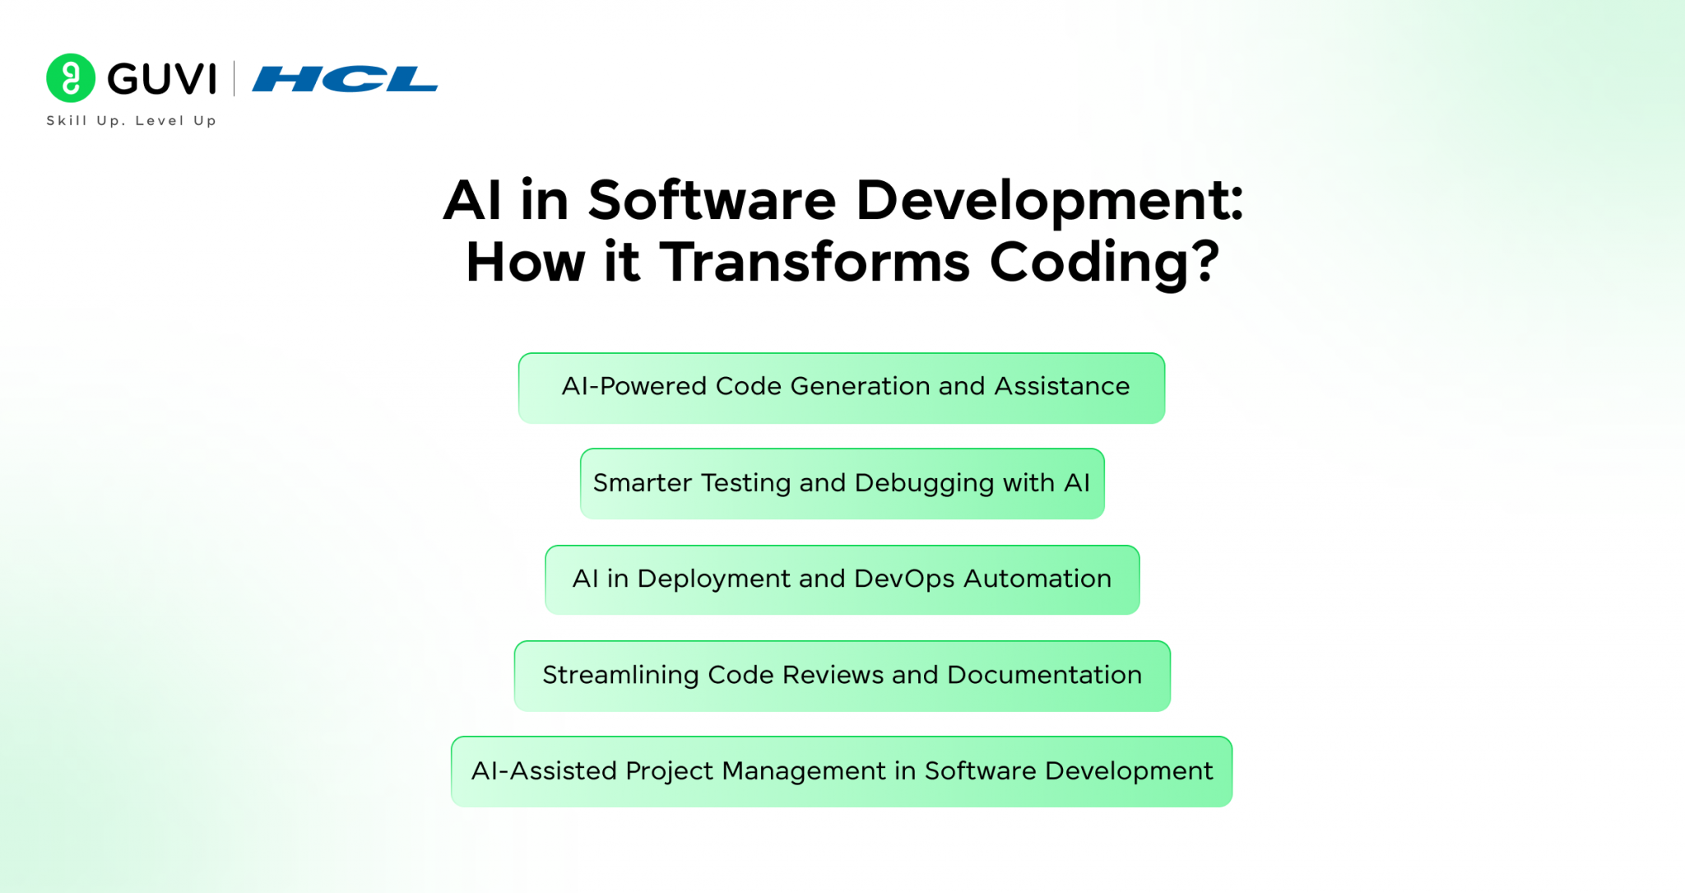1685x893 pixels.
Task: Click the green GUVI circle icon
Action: [x=71, y=78]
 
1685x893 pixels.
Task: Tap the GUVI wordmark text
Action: [x=162, y=79]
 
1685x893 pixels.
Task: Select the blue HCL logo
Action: [x=345, y=79]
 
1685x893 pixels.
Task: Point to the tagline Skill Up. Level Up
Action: [x=131, y=121]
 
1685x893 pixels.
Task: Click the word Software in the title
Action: [x=712, y=201]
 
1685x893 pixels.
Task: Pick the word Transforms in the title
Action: [x=815, y=263]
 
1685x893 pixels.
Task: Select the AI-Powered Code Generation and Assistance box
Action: [x=841, y=388]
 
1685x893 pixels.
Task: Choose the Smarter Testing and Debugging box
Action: [x=841, y=484]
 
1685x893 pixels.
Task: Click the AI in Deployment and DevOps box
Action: [x=841, y=579]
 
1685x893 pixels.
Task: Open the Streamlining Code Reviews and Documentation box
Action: [x=841, y=676]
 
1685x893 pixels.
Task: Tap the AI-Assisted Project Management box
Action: [x=841, y=771]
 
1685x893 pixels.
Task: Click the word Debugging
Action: [x=924, y=484]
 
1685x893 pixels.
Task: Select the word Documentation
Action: [x=1044, y=676]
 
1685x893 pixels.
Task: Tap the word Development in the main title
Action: [x=1049, y=202]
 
